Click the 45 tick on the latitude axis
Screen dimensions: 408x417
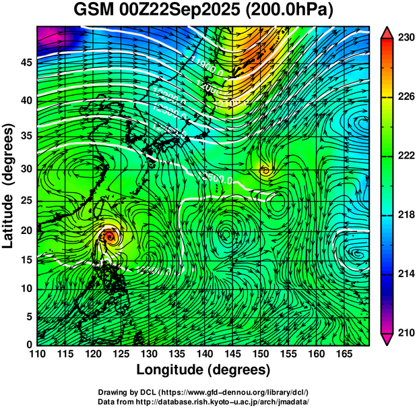click(25, 63)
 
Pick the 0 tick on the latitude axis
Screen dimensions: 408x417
click(28, 345)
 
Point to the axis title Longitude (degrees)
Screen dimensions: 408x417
click(203, 370)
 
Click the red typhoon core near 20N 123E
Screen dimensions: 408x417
click(110, 236)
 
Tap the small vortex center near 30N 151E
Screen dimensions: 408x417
click(266, 171)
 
